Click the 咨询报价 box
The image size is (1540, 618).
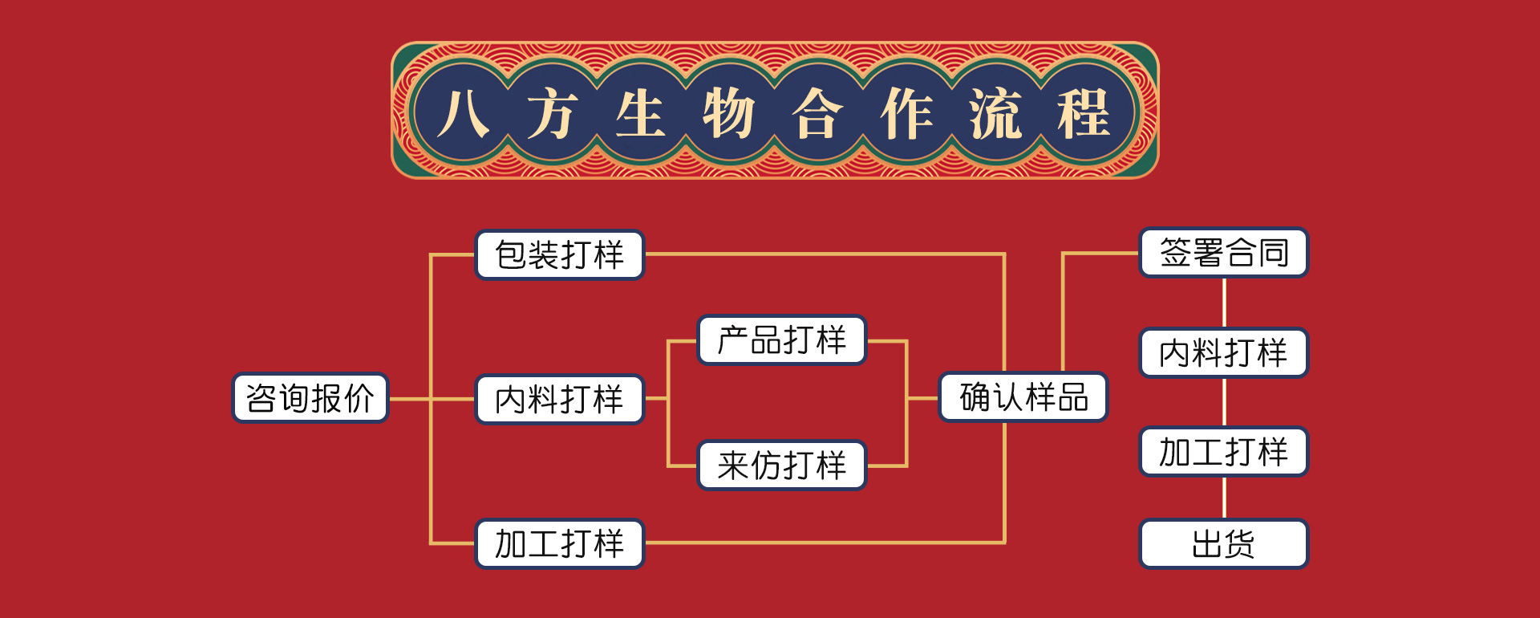point(310,398)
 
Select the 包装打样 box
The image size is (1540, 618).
point(560,255)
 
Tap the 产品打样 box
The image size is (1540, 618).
point(782,340)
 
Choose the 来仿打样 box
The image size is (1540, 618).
point(782,466)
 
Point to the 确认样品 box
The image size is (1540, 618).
point(1023,397)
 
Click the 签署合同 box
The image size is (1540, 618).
point(1224,253)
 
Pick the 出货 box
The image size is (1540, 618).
point(1224,544)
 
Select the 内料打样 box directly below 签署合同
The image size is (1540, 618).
point(1224,353)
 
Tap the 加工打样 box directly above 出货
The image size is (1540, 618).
point(1224,452)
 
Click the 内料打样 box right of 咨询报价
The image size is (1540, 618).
point(560,400)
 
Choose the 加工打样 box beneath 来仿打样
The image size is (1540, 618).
point(560,544)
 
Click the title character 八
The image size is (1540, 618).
point(464,113)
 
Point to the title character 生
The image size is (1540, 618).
point(640,113)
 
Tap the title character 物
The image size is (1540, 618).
point(728,113)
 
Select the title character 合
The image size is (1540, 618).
point(817,113)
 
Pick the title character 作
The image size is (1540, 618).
point(906,113)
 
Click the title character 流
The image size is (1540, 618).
point(995,113)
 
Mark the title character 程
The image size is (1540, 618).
point(1084,113)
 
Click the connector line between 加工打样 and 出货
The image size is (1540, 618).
point(1224,498)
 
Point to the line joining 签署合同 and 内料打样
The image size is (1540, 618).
point(1224,303)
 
